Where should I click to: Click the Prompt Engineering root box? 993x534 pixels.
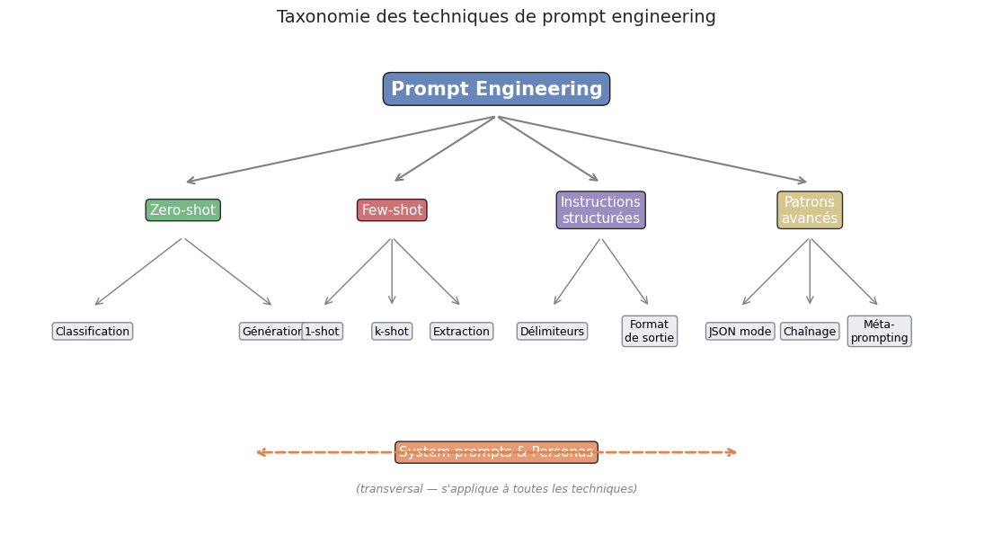496,89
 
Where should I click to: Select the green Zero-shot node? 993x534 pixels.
182,210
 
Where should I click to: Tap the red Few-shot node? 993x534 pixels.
392,210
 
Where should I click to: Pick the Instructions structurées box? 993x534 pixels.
600,210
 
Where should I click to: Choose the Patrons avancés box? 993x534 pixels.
810,210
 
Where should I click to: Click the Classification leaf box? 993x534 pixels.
93,332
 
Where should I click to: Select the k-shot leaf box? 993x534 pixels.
392,332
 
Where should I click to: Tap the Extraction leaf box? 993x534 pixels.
462,332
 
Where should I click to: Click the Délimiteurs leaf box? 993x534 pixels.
552,332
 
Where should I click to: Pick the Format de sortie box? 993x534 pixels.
650,331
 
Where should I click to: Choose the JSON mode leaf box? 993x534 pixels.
740,332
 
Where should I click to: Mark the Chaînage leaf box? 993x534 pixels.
810,332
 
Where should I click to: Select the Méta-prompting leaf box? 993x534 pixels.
879,331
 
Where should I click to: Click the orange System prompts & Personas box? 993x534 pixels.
496,452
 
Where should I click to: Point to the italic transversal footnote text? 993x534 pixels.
496,489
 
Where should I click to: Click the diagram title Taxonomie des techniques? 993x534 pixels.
496,17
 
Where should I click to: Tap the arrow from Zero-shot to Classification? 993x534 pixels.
138,271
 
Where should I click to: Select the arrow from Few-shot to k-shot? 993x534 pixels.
392,271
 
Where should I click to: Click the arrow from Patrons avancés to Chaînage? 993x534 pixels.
810,271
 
